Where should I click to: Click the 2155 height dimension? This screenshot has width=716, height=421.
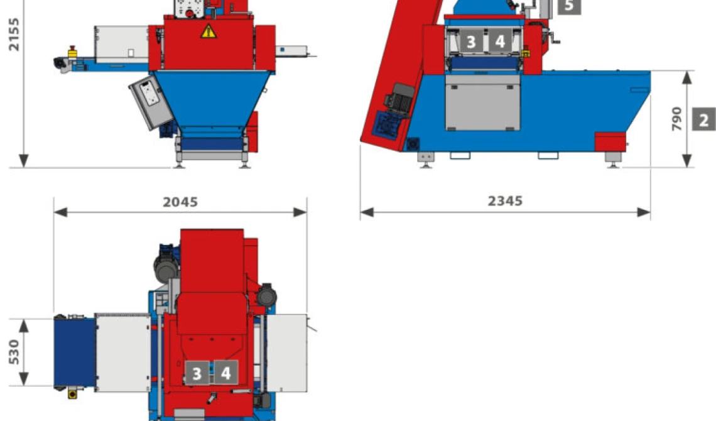[14, 35]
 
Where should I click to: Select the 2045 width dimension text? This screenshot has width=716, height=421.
[180, 202]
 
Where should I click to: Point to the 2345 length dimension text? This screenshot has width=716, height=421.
[505, 201]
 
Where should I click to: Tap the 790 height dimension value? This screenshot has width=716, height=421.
[676, 119]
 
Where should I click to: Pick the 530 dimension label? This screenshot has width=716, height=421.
[14, 352]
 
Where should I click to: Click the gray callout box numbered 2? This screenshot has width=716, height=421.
[703, 119]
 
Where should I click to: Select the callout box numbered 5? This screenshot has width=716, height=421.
[569, 6]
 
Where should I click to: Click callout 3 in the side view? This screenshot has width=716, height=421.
[471, 41]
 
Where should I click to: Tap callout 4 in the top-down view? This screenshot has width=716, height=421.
[226, 373]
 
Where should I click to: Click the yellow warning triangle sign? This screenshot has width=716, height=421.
[209, 31]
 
